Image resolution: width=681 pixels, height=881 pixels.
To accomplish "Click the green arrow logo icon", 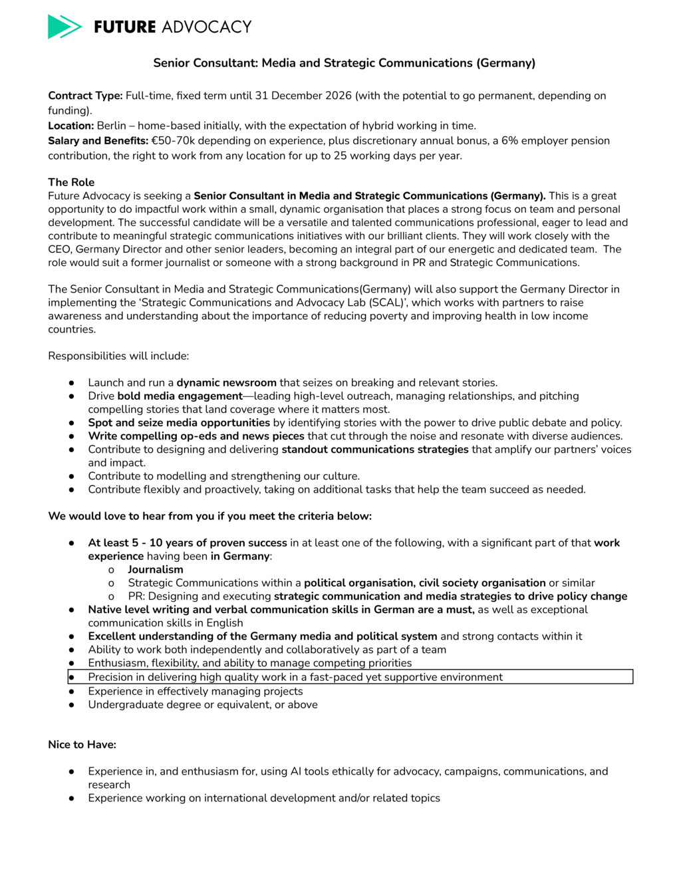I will [x=65, y=27].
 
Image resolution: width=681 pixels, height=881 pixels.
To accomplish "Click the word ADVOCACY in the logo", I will [x=206, y=27].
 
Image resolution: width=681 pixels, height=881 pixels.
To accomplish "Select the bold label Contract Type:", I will [x=85, y=96].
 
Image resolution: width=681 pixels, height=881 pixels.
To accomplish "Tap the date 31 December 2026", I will [x=303, y=96].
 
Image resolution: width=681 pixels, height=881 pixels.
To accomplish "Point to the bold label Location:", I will [x=70, y=126].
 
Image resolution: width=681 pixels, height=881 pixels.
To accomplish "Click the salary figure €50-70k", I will [x=173, y=141].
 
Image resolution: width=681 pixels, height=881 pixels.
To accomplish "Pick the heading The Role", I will [x=71, y=182].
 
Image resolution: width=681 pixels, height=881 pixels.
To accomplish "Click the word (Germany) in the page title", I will [x=505, y=63].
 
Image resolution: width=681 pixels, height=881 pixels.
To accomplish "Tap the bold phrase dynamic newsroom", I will [x=226, y=383].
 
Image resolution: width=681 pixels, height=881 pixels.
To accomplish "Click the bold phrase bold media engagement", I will [x=180, y=396].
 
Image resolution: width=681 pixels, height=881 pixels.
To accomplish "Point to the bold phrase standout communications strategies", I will [x=375, y=449].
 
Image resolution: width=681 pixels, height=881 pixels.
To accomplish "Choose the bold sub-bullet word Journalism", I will [x=156, y=570].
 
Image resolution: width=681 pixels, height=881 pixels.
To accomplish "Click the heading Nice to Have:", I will [x=82, y=745].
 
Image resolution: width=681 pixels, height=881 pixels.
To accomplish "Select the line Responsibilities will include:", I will [x=118, y=356].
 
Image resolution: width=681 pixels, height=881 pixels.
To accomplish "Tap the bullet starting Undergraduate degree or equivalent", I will [x=203, y=705].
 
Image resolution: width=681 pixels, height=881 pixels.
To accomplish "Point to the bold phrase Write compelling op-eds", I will [x=196, y=436].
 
